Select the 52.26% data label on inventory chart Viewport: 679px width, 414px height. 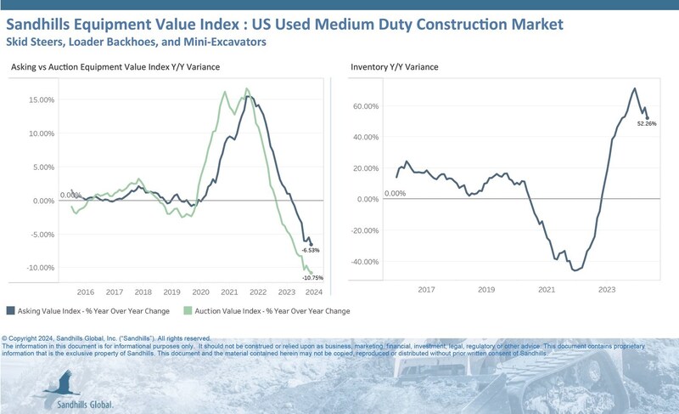647,124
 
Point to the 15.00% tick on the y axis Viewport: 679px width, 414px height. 40,99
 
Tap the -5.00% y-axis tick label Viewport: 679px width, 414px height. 40,235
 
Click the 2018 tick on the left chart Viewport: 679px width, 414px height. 143,290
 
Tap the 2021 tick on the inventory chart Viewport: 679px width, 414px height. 547,290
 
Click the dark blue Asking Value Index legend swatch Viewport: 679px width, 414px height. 10,310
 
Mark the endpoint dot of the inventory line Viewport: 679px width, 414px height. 647,117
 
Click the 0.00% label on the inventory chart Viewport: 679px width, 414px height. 396,193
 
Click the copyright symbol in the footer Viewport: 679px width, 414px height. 6,337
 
